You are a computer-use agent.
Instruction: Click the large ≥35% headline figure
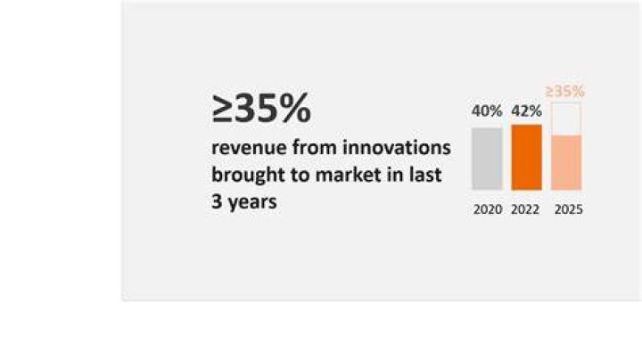click(x=261, y=108)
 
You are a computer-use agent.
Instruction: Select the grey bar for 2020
click(x=487, y=159)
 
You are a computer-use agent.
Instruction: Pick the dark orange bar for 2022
click(x=527, y=158)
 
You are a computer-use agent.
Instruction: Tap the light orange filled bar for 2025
click(x=566, y=163)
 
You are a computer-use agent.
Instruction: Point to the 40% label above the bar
click(x=487, y=110)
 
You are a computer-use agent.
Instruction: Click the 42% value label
click(x=527, y=110)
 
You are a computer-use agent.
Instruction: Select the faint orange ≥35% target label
click(x=565, y=91)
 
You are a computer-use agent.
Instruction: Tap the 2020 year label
click(x=488, y=209)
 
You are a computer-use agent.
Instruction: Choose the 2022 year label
click(x=525, y=209)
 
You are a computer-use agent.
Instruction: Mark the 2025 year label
click(x=569, y=209)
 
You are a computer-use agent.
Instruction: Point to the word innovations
click(x=396, y=147)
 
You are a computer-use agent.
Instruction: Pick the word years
click(x=252, y=202)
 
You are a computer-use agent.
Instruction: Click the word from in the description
click(x=315, y=147)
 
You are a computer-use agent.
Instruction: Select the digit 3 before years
click(x=216, y=201)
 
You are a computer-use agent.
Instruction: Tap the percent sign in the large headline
click(x=296, y=108)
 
